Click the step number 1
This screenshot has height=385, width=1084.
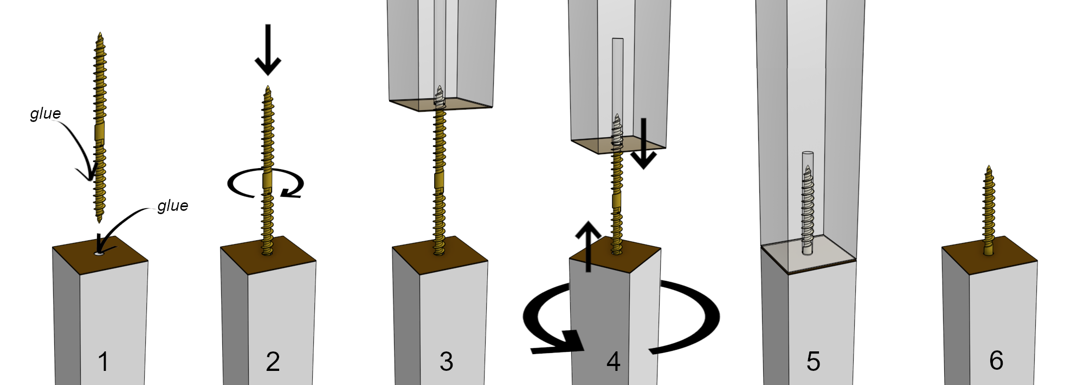click(x=103, y=362)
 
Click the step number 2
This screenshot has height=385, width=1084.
click(x=273, y=362)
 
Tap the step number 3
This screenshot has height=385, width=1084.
click(x=446, y=362)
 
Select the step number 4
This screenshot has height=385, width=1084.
click(x=613, y=362)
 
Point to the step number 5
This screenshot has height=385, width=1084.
click(x=813, y=362)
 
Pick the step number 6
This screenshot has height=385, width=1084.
click(x=996, y=361)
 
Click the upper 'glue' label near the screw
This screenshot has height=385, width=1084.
click(x=46, y=113)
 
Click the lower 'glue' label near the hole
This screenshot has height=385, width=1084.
click(x=172, y=206)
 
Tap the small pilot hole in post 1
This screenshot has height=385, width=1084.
click(x=99, y=253)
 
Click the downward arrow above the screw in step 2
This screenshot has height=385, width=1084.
click(x=268, y=50)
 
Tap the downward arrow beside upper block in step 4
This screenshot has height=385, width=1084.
click(x=643, y=144)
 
